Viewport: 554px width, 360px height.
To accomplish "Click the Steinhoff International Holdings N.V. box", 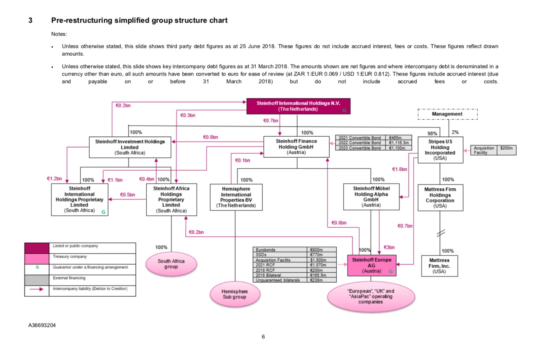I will click(x=298, y=106).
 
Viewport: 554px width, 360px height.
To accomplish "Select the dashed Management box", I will click(x=447, y=114).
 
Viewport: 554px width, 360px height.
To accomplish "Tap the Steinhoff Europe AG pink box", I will click(x=371, y=266).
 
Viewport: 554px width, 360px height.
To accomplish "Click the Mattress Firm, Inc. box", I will click(x=439, y=266).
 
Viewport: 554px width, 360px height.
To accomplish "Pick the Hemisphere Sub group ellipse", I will click(x=235, y=294).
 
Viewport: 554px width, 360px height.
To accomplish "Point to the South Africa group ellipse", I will click(x=171, y=264).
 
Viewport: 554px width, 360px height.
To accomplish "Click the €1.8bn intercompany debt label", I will click(x=399, y=169).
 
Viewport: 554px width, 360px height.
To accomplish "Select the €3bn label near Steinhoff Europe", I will click(x=389, y=247).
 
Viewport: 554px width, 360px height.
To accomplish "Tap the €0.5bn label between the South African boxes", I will click(x=127, y=195).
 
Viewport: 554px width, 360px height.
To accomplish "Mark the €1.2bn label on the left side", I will click(x=54, y=179).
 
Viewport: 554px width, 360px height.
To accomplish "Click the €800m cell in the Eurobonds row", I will click(x=317, y=250).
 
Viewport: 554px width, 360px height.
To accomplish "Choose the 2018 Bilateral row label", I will click(x=268, y=275).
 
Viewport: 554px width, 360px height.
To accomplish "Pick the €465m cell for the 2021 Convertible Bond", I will click(x=396, y=138).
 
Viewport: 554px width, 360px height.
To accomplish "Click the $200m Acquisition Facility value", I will click(x=506, y=148).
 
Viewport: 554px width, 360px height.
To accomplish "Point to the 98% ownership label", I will click(x=432, y=134).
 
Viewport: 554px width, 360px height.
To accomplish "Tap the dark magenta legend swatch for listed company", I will click(x=37, y=248).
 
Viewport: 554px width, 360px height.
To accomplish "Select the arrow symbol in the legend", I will click(x=37, y=289).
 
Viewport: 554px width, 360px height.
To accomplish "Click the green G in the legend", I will click(x=38, y=267).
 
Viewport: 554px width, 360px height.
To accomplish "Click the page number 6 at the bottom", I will click(x=263, y=337).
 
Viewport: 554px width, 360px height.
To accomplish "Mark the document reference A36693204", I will click(x=42, y=325).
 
